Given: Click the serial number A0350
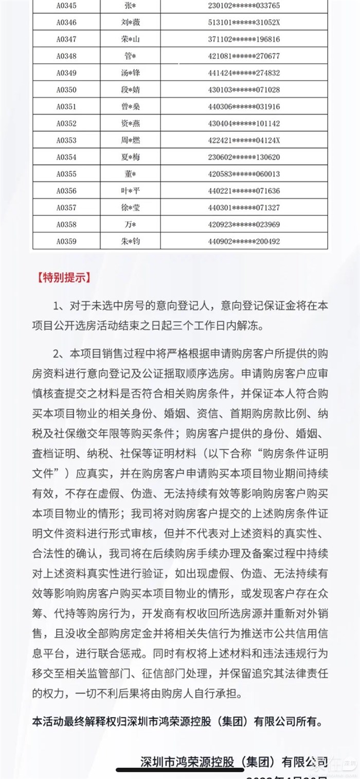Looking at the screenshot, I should tap(66, 90).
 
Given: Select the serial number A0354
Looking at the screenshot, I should tap(66, 157).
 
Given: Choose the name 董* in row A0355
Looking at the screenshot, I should tap(127, 174).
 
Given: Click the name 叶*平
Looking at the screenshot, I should tap(127, 191).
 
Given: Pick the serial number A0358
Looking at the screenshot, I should tap(66, 224).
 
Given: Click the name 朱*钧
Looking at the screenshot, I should tap(127, 241).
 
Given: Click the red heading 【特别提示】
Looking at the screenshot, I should tap(63, 278).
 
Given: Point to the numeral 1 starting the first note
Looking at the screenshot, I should tap(57, 307).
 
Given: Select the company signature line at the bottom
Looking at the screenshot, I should tap(234, 762).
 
